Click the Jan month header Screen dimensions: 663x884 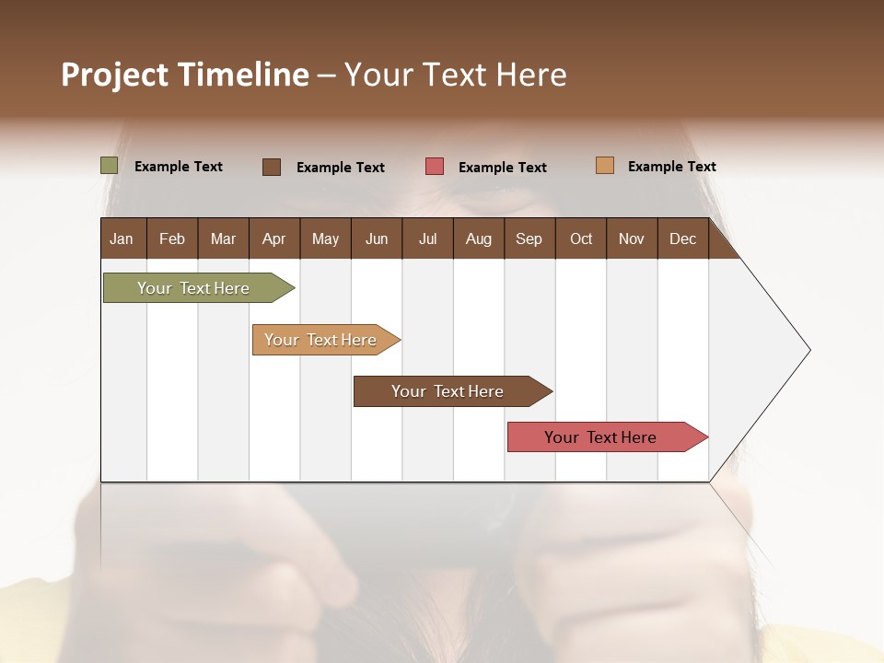122,239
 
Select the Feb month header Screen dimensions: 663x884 172,239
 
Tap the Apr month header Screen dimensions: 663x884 273,239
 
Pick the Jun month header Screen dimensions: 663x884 377,239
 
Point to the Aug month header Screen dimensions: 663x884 478,239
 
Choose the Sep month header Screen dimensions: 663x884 529,239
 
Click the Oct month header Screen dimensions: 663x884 581,239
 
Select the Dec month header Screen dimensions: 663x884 682,239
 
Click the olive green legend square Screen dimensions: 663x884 109,166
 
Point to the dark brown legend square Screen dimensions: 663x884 272,167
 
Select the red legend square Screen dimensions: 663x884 435,167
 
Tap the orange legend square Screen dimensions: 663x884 604,166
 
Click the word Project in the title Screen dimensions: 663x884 113,75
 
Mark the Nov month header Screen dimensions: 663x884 631,239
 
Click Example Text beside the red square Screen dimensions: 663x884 502,168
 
